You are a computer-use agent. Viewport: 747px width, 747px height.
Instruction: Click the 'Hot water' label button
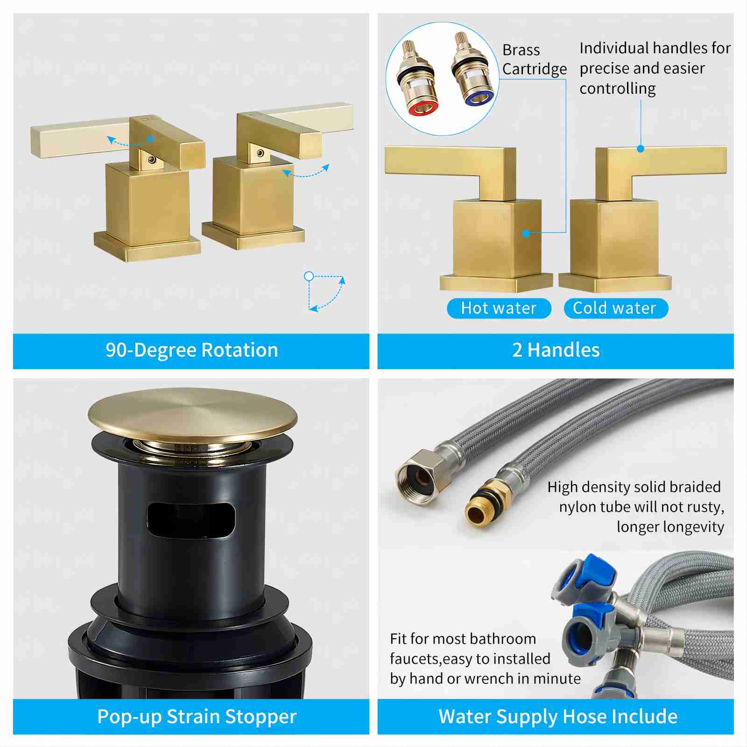[x=499, y=309]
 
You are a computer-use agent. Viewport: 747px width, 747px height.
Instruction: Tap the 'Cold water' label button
[x=616, y=309]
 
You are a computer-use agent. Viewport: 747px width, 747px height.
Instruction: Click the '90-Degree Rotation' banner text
[x=192, y=350]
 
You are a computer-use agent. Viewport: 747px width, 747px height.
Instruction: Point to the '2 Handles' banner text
[x=556, y=350]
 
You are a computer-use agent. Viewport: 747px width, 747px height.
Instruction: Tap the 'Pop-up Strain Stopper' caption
[x=197, y=717]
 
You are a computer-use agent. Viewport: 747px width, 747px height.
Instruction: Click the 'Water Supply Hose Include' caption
[x=558, y=717]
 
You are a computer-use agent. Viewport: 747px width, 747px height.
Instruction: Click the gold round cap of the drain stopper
[x=192, y=415]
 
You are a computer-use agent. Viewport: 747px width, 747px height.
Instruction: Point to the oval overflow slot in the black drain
[x=191, y=519]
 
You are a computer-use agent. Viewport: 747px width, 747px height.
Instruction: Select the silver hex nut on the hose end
[x=417, y=476]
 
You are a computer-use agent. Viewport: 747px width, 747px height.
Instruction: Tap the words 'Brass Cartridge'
[x=535, y=59]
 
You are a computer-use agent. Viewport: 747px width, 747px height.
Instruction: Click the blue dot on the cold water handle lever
[x=641, y=148]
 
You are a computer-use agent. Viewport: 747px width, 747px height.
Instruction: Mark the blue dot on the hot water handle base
[x=526, y=233]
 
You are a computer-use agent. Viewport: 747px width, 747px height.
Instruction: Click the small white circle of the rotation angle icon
[x=309, y=276]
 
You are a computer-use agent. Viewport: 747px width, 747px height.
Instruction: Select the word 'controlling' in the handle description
[x=618, y=89]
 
